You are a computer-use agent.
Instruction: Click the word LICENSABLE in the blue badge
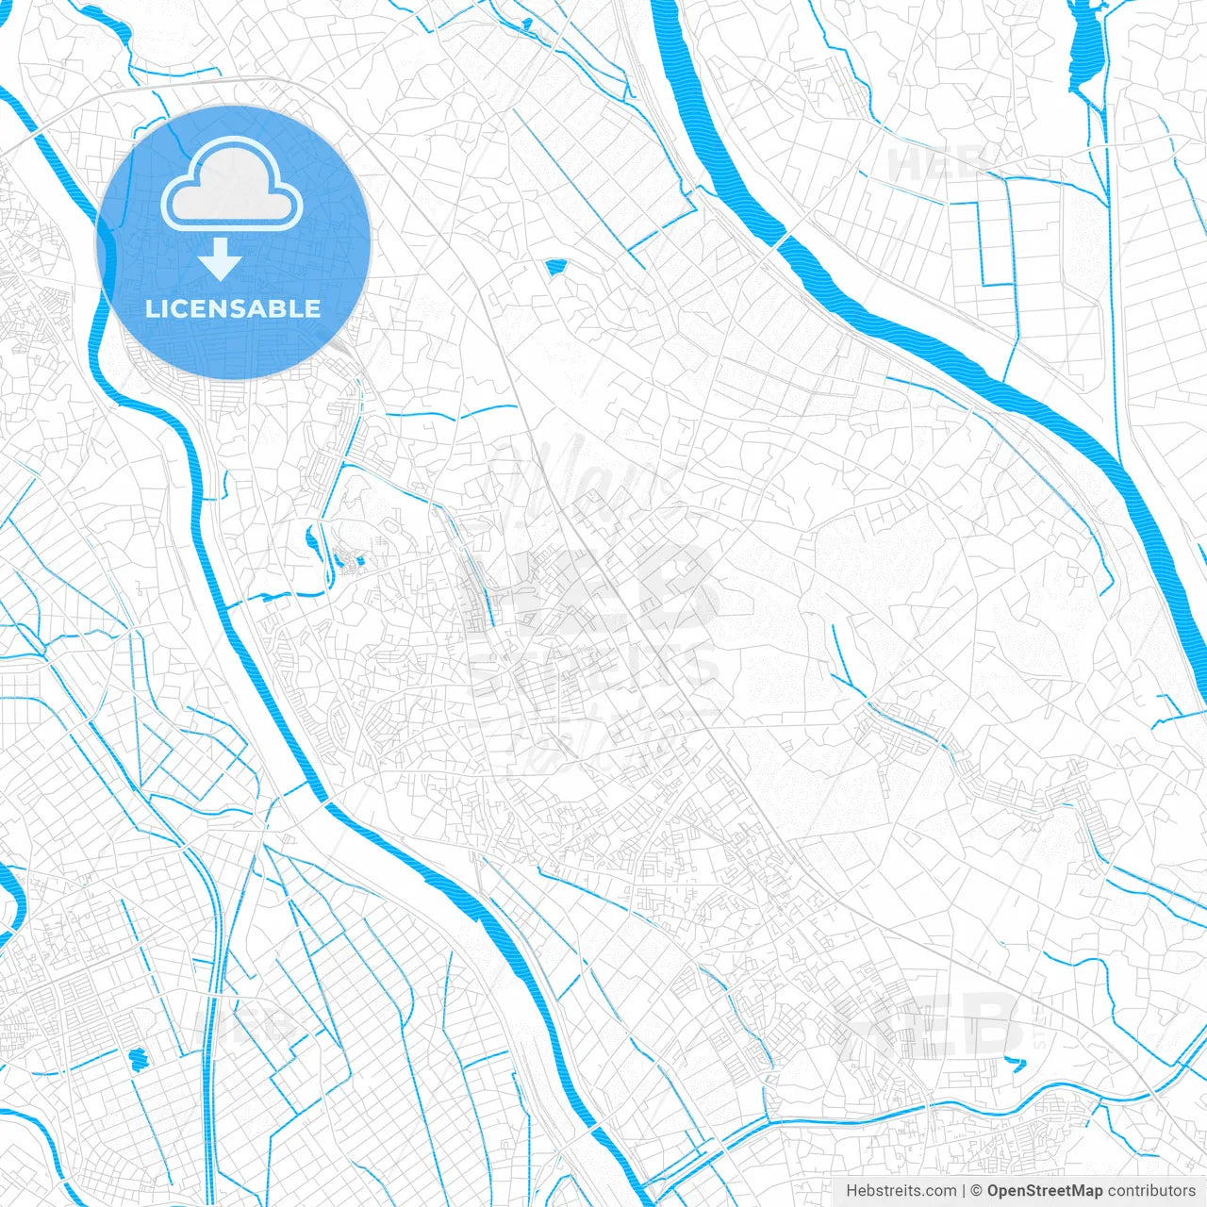click(x=233, y=309)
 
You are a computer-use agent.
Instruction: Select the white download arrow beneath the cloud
click(x=221, y=259)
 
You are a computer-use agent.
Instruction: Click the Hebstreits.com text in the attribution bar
click(x=901, y=1191)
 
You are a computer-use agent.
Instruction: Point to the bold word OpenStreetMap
click(x=1044, y=1191)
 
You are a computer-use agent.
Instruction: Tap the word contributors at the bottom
click(x=1151, y=1191)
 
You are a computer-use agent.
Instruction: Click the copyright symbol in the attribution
click(x=977, y=1191)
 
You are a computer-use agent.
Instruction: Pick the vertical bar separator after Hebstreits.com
click(x=964, y=1191)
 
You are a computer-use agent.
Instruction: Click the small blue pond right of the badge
click(x=554, y=268)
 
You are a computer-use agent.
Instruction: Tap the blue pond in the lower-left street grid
click(x=138, y=1058)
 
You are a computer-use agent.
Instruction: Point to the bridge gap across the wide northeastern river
click(x=779, y=241)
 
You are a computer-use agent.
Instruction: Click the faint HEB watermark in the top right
click(x=938, y=165)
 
